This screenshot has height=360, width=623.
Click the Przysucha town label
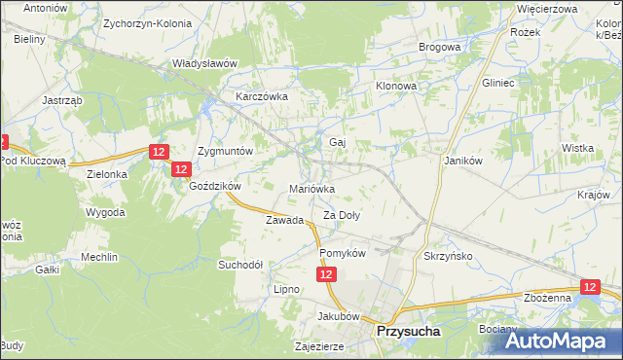(x=409, y=332)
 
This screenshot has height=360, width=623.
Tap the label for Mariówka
(x=312, y=189)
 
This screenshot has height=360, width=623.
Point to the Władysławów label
(x=204, y=63)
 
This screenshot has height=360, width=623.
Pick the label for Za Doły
(x=343, y=216)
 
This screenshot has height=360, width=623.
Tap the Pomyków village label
(x=342, y=253)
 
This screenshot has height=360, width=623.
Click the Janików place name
(x=464, y=161)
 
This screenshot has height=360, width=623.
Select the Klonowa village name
(x=396, y=86)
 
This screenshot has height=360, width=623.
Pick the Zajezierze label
(x=321, y=345)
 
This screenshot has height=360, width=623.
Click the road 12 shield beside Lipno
(x=326, y=277)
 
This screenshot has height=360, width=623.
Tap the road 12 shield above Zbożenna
(x=590, y=287)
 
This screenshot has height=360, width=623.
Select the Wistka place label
(x=577, y=148)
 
